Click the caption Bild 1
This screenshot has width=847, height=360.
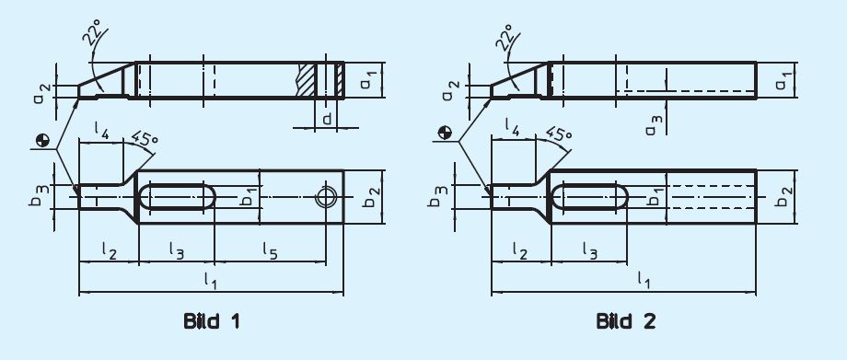tap(211, 321)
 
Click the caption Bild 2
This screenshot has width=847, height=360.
tap(625, 321)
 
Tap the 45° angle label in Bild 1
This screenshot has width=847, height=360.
tap(144, 138)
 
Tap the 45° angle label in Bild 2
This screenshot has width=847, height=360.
tap(556, 138)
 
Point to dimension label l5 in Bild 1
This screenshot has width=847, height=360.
tap(271, 249)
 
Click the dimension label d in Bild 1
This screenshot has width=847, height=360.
tap(328, 119)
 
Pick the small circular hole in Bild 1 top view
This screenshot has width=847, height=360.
tap(323, 197)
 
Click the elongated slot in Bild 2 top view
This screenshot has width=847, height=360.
tap(590, 197)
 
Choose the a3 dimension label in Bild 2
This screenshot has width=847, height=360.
tap(652, 125)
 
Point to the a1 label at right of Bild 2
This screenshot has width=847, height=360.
tap(781, 80)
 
